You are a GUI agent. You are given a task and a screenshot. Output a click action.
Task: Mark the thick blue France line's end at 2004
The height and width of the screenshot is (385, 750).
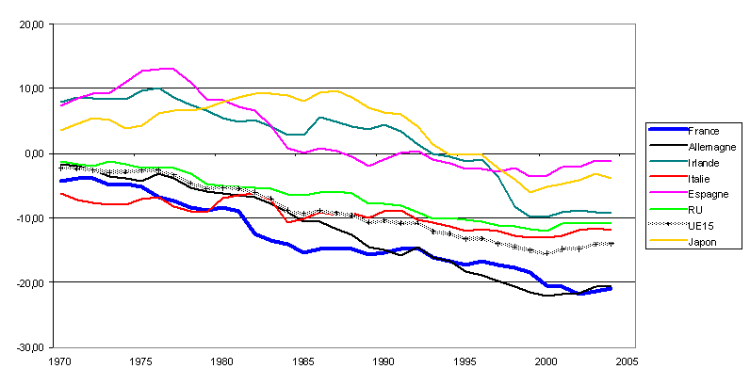[x=611, y=288]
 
